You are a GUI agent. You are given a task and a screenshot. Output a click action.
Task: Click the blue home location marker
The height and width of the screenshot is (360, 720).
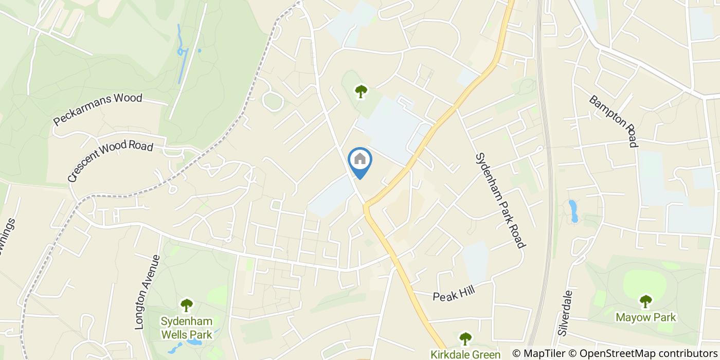pos(360,160)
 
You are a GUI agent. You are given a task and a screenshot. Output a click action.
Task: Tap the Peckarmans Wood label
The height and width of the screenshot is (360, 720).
pos(98,109)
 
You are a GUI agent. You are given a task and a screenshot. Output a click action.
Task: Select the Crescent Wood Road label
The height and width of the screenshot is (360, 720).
pos(110,161)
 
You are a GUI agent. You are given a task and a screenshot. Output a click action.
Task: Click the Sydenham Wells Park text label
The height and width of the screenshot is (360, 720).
pos(186,328)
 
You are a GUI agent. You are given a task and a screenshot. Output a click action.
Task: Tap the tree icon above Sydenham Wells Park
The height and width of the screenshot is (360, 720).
pos(186,305)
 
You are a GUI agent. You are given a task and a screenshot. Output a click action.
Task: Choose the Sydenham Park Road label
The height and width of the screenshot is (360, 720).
pos(500,200)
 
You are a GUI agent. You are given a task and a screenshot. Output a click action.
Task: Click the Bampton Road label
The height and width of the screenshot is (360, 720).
pos(614,121)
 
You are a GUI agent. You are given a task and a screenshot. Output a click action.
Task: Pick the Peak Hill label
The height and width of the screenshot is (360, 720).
pos(453,294)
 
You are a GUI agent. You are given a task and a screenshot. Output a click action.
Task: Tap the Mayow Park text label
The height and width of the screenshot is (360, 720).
pos(645,317)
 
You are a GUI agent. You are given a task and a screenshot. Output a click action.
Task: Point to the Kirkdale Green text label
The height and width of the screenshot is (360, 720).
pos(465,354)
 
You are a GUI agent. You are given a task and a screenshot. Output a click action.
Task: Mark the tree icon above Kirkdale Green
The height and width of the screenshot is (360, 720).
pos(465,338)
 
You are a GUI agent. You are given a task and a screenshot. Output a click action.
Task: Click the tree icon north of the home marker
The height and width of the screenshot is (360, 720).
pos(361,92)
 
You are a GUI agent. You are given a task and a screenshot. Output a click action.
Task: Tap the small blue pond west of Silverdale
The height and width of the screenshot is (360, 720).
pos(573,211)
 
